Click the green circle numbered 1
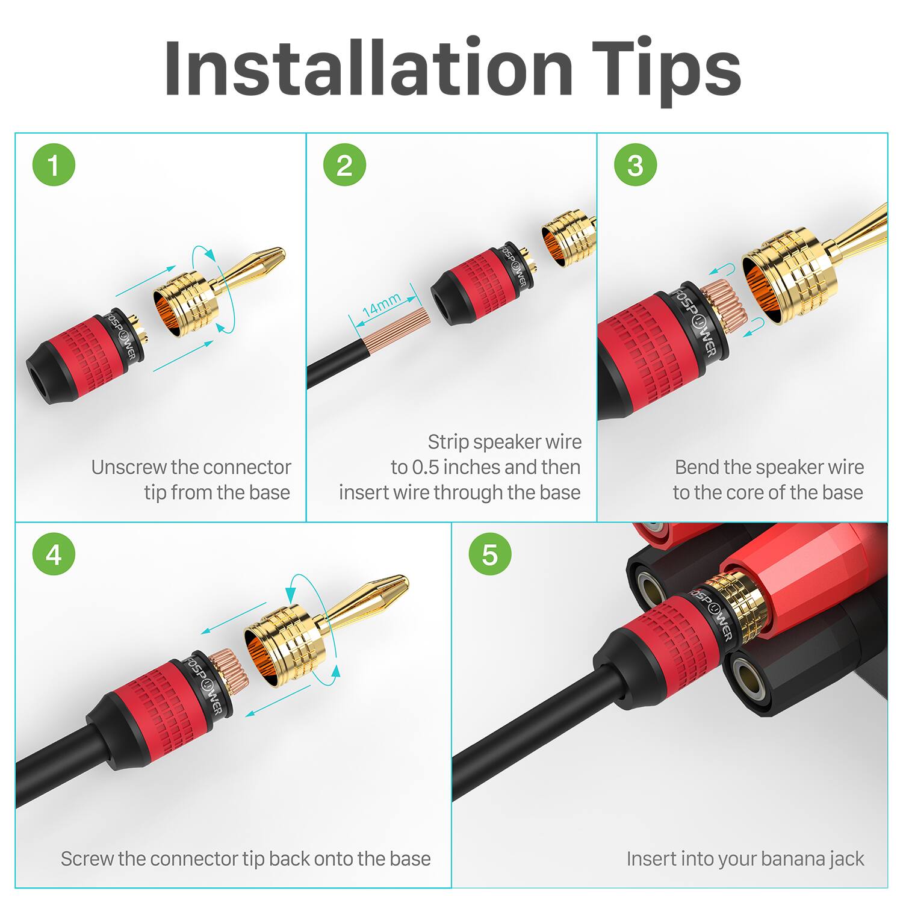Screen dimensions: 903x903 54,165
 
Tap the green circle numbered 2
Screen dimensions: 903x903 344,165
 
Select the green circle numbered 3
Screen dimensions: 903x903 635,165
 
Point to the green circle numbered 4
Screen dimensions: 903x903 54,554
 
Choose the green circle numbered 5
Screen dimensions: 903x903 490,554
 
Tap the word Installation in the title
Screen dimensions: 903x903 368,67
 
